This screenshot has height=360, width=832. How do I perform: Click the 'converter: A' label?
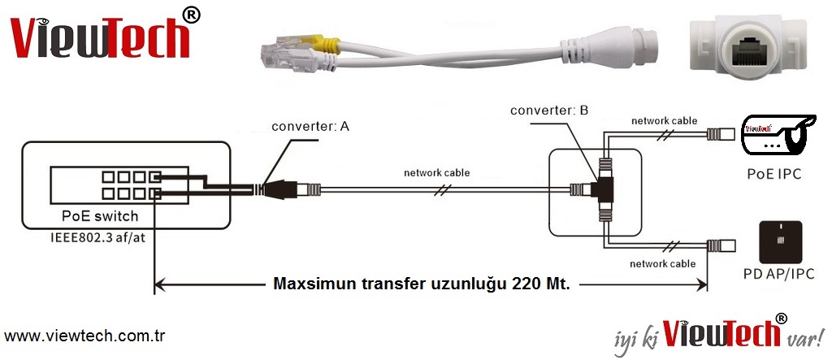tap(310, 127)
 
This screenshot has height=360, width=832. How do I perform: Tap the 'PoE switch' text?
tap(100, 216)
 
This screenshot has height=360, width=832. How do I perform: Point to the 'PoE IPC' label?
tap(774, 174)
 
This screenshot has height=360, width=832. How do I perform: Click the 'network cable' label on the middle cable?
tap(437, 173)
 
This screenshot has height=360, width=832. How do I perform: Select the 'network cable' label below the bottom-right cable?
tap(663, 263)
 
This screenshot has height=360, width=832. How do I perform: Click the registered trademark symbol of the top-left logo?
tap(191, 15)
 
